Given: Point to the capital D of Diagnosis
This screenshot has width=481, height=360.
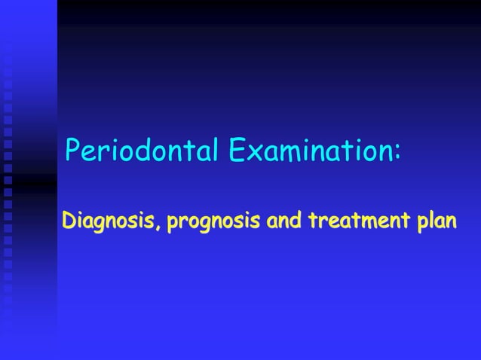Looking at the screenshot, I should (69, 222).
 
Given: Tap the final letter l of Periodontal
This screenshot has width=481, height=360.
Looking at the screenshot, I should (215, 151).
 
